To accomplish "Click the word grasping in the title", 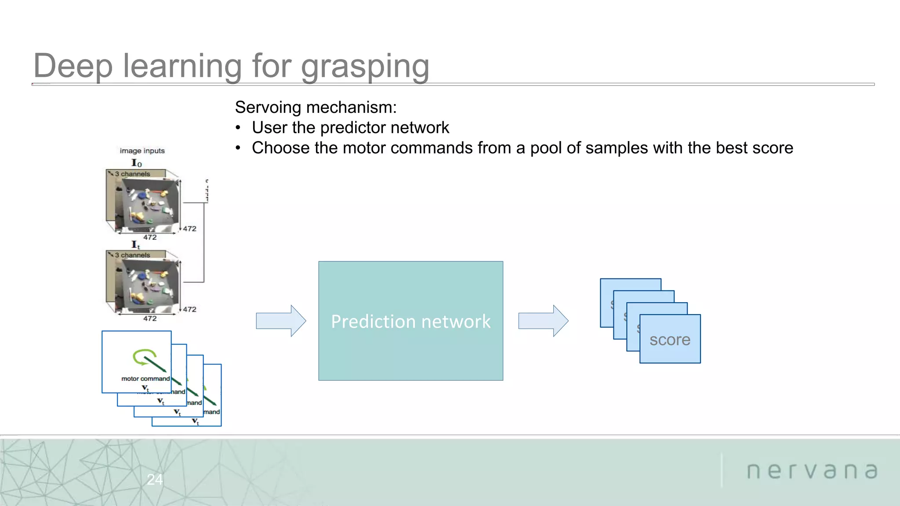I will [365, 67].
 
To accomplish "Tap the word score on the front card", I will [670, 340].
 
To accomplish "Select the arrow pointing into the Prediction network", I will [281, 321].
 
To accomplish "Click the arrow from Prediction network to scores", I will [543, 321].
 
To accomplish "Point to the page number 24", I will [155, 479].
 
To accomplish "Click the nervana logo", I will [812, 471].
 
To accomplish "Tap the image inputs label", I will [142, 151].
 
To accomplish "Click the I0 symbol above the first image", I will [137, 163].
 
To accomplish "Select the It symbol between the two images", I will [135, 245].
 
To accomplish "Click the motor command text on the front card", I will [145, 379].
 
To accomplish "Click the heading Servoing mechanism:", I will [316, 107].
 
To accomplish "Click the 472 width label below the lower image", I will [150, 318].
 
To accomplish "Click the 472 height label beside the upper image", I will [189, 229].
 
